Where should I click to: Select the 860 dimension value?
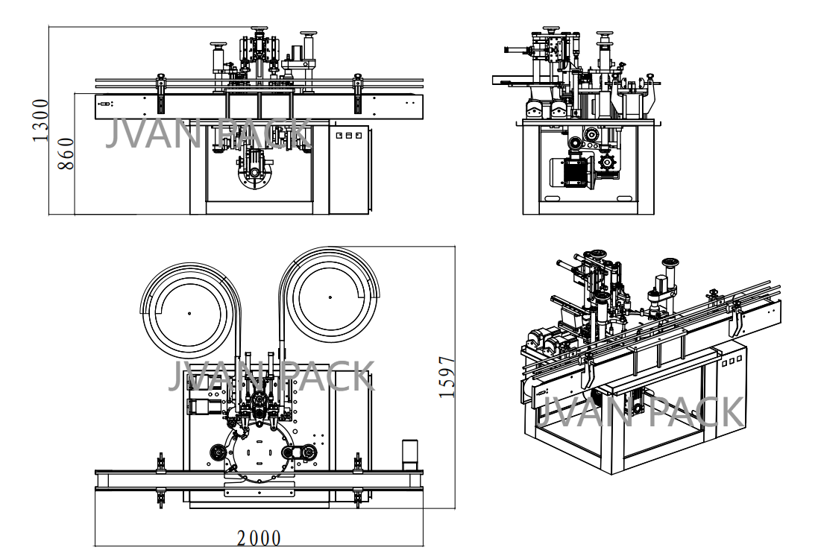tap(66, 154)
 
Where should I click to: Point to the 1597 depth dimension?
tap(447, 377)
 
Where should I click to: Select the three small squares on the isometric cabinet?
tap(730, 359)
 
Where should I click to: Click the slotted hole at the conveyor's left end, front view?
tap(104, 104)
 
